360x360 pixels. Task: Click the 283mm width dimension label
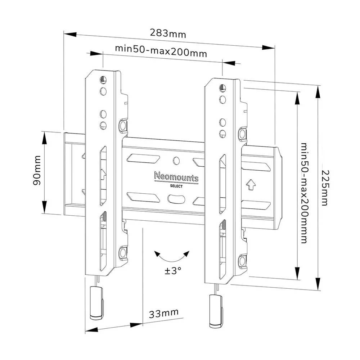click(168, 34)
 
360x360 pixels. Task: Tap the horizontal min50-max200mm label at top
click(161, 51)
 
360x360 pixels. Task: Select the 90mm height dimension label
click(37, 173)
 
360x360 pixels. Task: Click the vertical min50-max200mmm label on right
click(305, 193)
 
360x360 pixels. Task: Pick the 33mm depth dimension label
click(164, 313)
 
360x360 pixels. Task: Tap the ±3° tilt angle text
click(173, 270)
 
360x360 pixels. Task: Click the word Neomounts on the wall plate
click(176, 177)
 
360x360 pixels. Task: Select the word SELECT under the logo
click(176, 186)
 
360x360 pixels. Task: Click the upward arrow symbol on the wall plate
click(251, 184)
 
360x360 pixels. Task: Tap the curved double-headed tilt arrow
click(172, 256)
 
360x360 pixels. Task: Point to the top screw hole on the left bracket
click(103, 80)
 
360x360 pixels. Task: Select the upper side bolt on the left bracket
click(123, 125)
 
